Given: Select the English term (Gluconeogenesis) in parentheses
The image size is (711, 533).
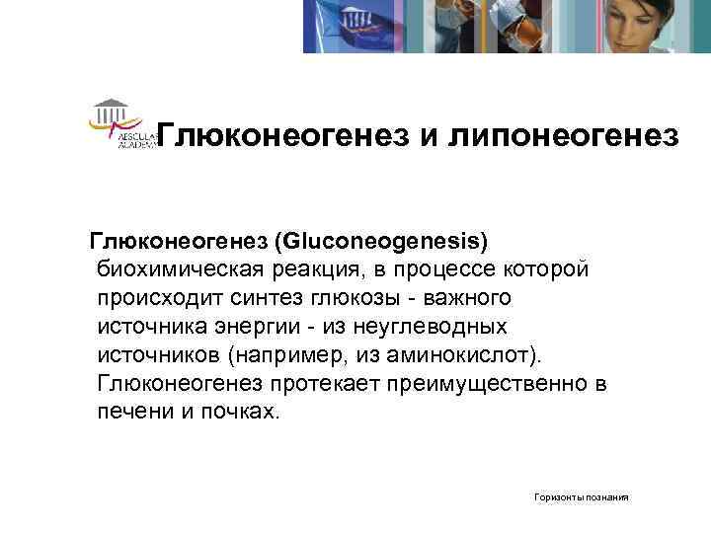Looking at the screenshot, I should tap(381, 240).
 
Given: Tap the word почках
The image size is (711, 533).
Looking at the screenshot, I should tap(237, 412).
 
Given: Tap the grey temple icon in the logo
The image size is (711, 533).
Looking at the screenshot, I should tap(111, 107).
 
